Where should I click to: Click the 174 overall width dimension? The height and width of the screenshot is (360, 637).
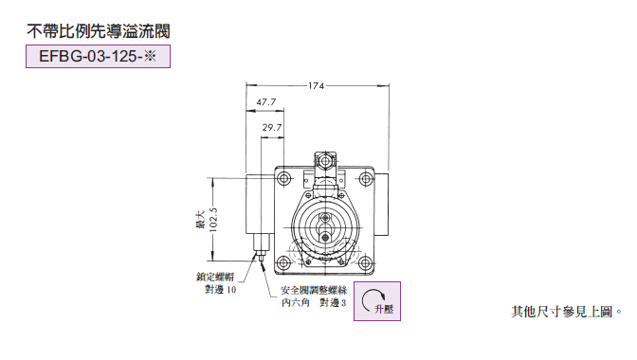(316, 85)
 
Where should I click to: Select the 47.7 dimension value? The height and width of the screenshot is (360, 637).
(266, 102)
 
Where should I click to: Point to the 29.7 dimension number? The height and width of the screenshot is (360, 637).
(272, 128)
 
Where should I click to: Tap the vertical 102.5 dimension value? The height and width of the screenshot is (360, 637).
(213, 220)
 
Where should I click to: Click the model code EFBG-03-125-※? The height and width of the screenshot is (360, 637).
(98, 56)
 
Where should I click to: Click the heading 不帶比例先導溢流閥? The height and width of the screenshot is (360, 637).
(99, 31)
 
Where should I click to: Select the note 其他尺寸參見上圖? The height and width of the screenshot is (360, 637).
(562, 312)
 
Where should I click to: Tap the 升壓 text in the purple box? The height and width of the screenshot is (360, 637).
(384, 309)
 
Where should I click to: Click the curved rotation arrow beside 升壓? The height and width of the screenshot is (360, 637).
(371, 300)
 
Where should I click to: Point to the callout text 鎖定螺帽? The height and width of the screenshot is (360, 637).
(215, 277)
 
